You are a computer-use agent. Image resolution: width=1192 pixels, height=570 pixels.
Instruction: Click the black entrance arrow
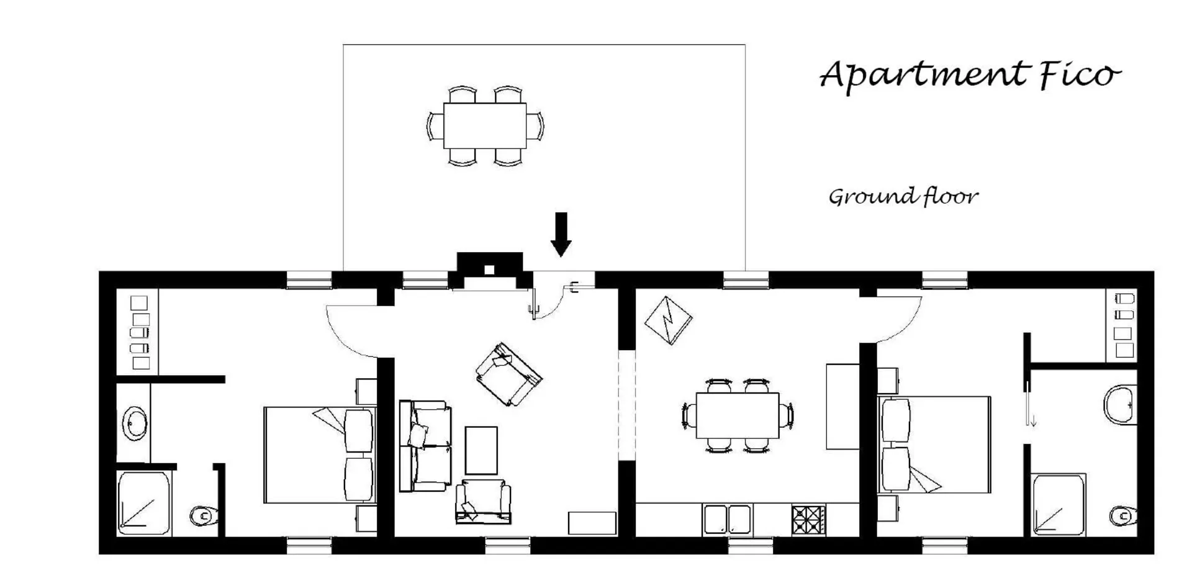point(561,234)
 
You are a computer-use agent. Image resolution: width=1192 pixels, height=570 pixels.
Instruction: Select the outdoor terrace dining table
point(485,125)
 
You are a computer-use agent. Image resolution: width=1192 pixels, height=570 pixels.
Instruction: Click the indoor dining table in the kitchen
point(738,415)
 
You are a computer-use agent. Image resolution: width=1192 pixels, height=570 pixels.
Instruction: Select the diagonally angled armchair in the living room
point(509,374)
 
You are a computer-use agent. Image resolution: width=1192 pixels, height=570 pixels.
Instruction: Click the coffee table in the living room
point(481,451)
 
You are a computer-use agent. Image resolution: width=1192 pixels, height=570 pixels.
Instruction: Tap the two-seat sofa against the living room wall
point(425,446)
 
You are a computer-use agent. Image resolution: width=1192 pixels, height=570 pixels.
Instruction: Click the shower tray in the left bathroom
point(144,503)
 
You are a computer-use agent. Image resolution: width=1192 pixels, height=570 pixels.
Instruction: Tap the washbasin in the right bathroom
point(1121,404)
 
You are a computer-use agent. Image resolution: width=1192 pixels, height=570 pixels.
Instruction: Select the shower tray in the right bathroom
point(1059,505)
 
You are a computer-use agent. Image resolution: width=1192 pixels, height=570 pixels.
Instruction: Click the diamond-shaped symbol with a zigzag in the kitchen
point(669,320)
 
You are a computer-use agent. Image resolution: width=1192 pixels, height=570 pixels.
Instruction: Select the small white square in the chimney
point(489,269)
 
